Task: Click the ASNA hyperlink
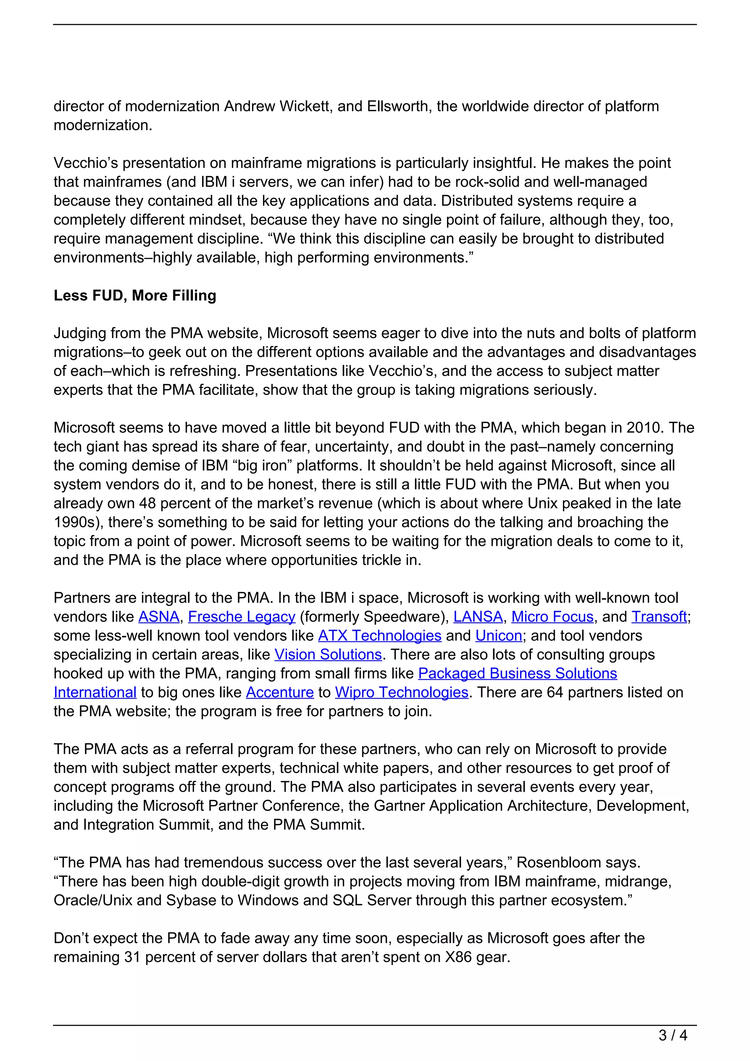159,617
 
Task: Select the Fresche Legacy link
242,617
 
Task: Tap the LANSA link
478,617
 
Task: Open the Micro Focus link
552,617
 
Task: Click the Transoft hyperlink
659,617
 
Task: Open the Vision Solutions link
328,654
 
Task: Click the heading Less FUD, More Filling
135,295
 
